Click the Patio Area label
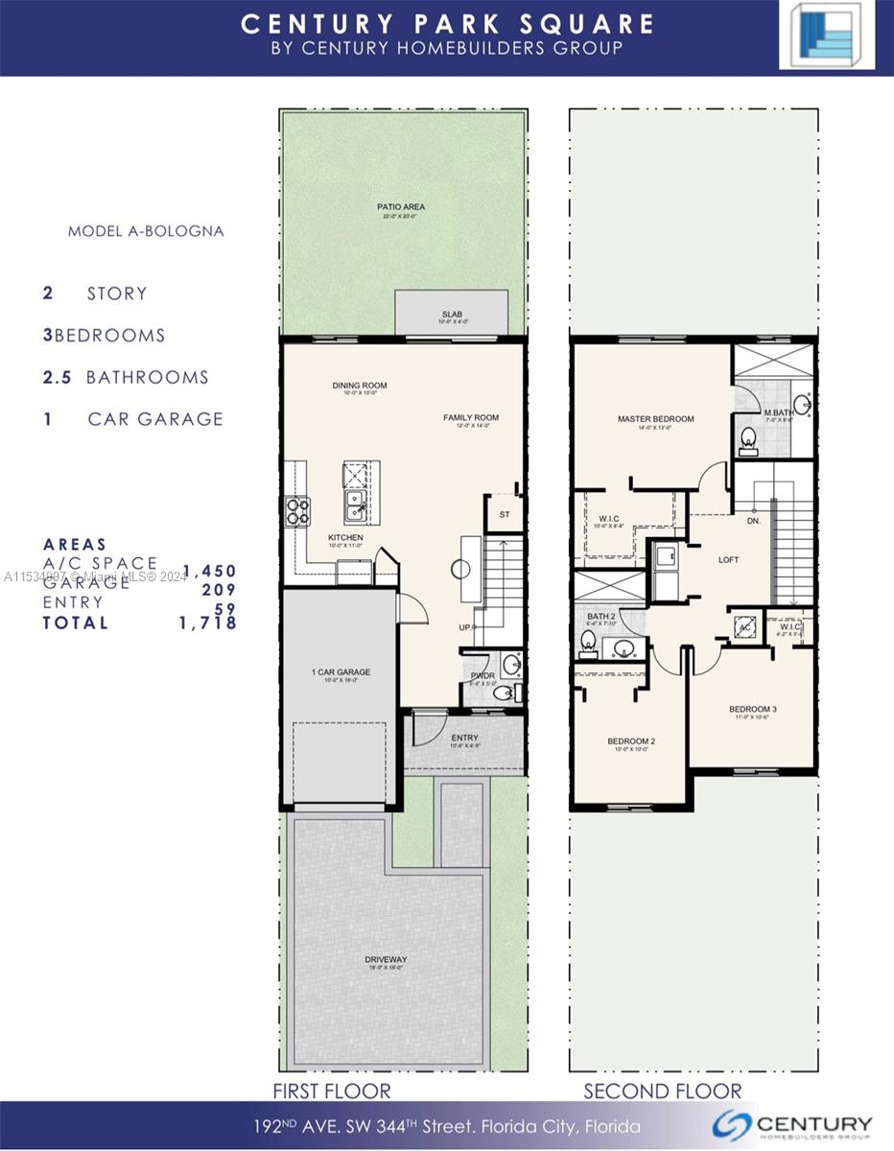click(x=401, y=207)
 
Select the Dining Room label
click(x=360, y=386)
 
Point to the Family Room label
click(x=471, y=418)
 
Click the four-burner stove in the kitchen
click(x=296, y=510)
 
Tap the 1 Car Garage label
click(x=341, y=672)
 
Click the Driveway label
click(x=386, y=959)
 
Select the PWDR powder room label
click(x=482, y=675)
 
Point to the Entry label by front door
click(x=464, y=738)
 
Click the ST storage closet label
click(x=505, y=515)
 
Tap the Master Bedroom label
click(x=656, y=419)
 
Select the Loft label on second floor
click(x=729, y=559)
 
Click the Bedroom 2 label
click(x=631, y=741)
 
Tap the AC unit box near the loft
click(x=745, y=627)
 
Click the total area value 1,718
click(x=206, y=622)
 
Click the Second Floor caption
click(x=663, y=1091)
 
